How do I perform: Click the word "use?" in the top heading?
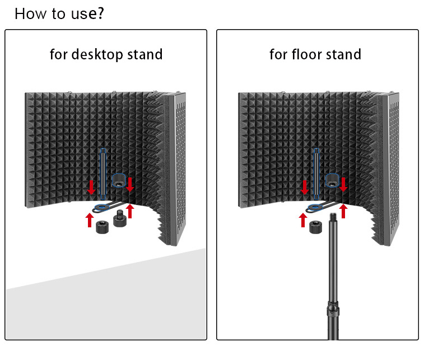coord(84,13)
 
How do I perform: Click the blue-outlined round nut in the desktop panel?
coord(119,181)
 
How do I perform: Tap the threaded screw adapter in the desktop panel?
coord(119,218)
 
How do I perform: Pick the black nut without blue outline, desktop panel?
coord(102,227)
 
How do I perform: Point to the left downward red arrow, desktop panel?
coord(91,187)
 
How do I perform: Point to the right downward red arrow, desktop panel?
coord(131,184)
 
